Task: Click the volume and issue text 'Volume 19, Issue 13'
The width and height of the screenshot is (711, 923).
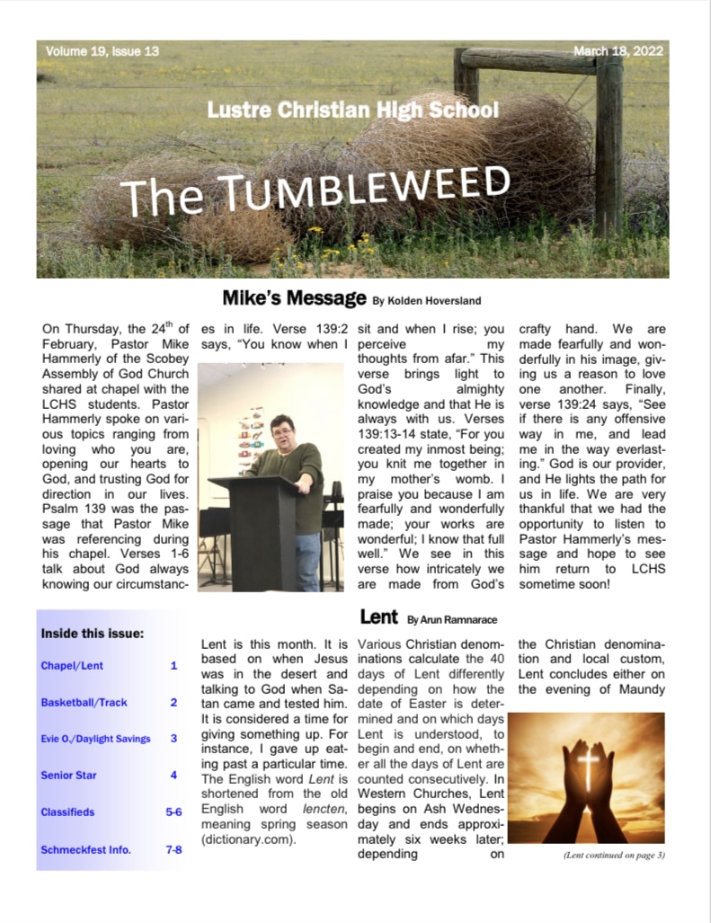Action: click(102, 51)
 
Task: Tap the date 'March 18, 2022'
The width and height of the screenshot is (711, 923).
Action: click(618, 51)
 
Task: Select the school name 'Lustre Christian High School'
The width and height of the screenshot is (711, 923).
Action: click(352, 111)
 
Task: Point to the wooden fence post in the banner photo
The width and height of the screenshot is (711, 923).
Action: click(609, 144)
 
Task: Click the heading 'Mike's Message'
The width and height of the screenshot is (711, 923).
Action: click(294, 297)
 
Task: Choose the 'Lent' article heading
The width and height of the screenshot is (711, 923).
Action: click(378, 617)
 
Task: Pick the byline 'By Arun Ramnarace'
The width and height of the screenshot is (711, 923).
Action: click(452, 620)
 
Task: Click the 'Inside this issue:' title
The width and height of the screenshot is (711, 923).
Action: click(92, 634)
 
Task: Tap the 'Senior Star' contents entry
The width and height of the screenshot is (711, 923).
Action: click(68, 775)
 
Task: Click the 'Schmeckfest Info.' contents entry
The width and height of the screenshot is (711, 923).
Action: click(85, 848)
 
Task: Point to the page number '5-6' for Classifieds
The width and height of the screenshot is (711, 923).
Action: click(173, 812)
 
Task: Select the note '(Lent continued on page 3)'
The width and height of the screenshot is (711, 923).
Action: click(614, 855)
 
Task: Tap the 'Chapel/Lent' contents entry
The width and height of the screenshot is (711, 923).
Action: click(70, 666)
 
